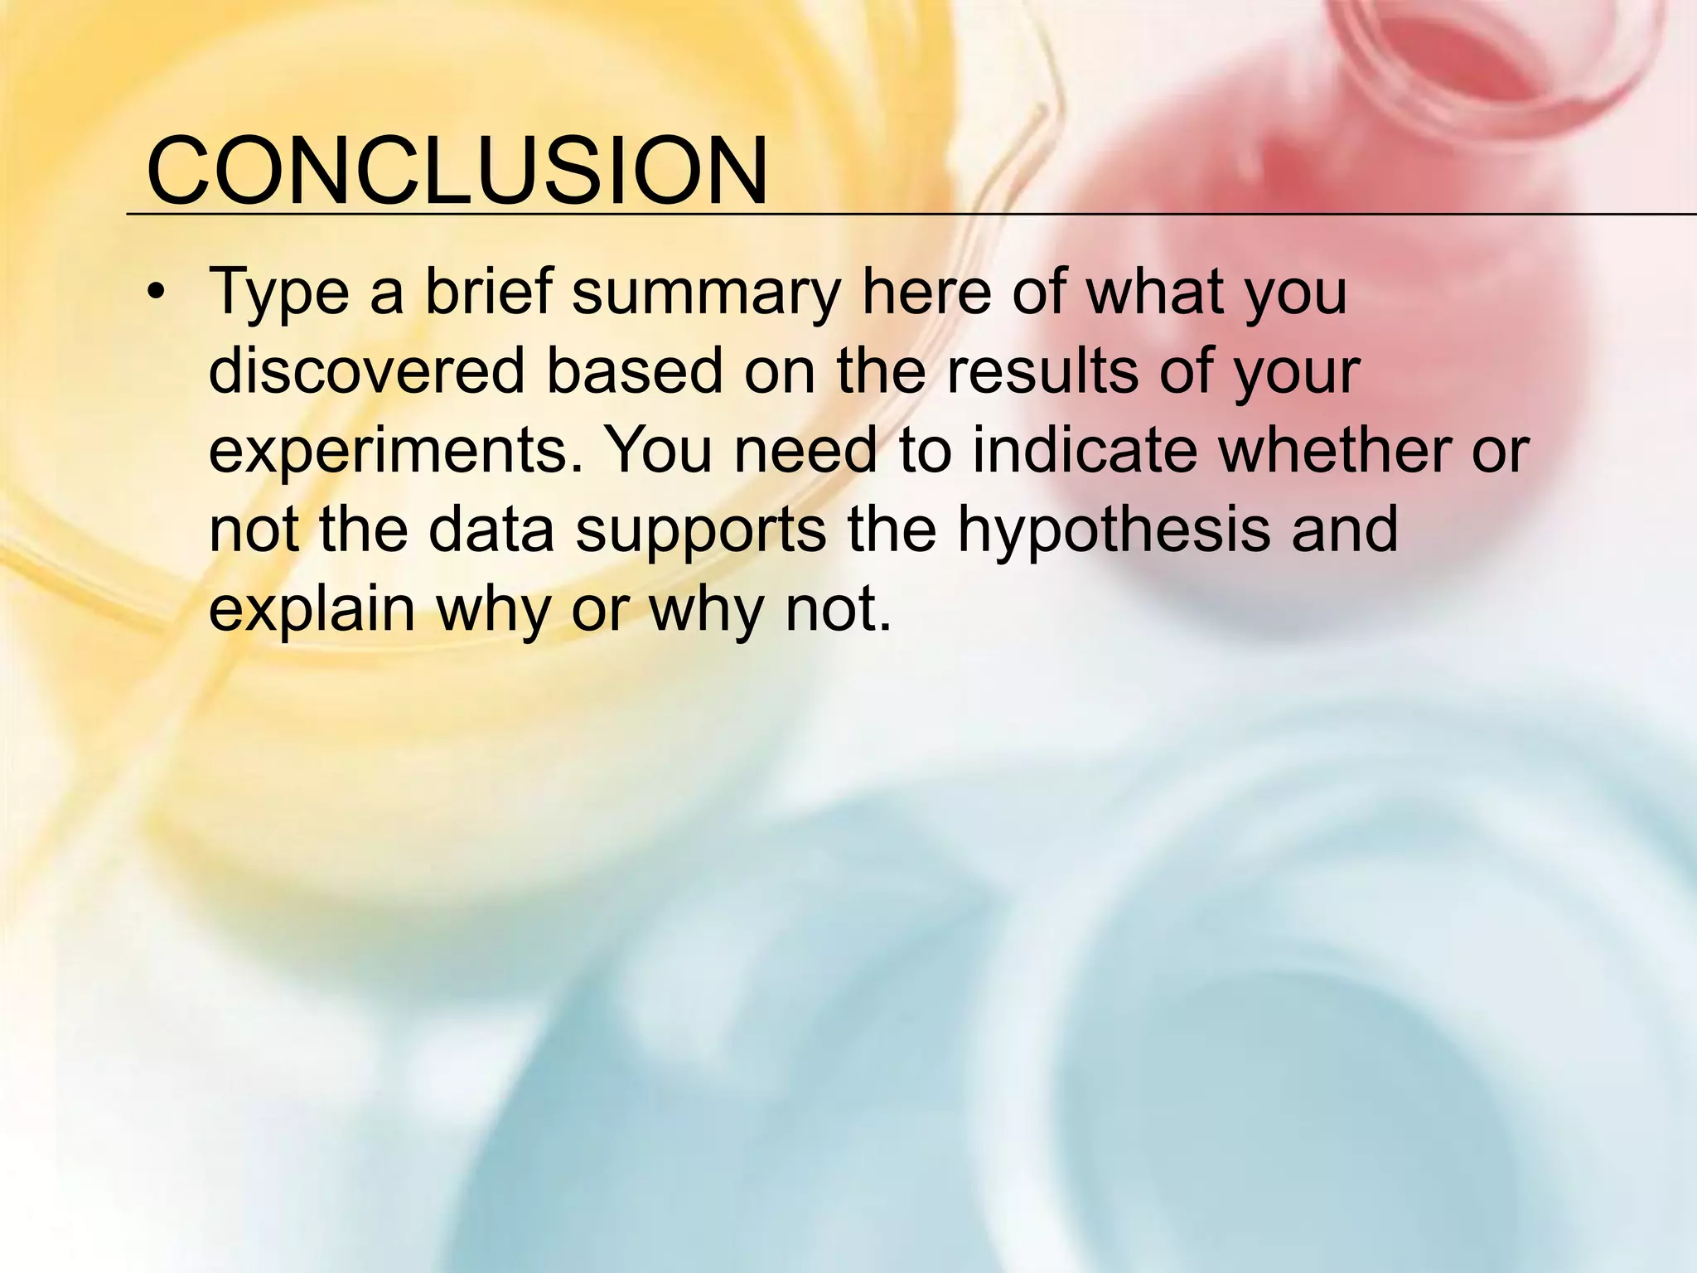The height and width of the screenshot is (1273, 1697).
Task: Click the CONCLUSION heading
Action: pyautogui.click(x=457, y=172)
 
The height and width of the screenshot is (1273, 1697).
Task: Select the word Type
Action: pyautogui.click(x=279, y=293)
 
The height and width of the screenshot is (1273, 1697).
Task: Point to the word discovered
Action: pyautogui.click(x=367, y=371)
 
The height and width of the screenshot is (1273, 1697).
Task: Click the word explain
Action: pyautogui.click(x=312, y=610)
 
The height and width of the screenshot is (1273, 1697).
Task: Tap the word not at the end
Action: pyautogui.click(x=837, y=610)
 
